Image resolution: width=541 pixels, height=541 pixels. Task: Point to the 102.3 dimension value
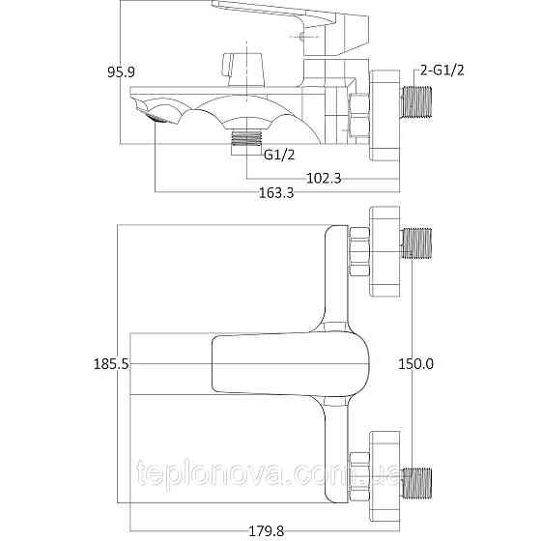click(x=327, y=178)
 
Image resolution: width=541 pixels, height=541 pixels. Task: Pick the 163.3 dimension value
click(x=276, y=193)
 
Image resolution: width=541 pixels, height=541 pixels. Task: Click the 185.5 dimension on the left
click(x=111, y=364)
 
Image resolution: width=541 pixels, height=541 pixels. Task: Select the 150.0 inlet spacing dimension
click(x=416, y=364)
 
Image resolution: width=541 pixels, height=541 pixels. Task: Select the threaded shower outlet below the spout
click(x=248, y=143)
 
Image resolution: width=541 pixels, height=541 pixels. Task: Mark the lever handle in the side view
click(x=280, y=19)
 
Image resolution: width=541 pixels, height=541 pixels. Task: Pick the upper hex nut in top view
click(x=358, y=245)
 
